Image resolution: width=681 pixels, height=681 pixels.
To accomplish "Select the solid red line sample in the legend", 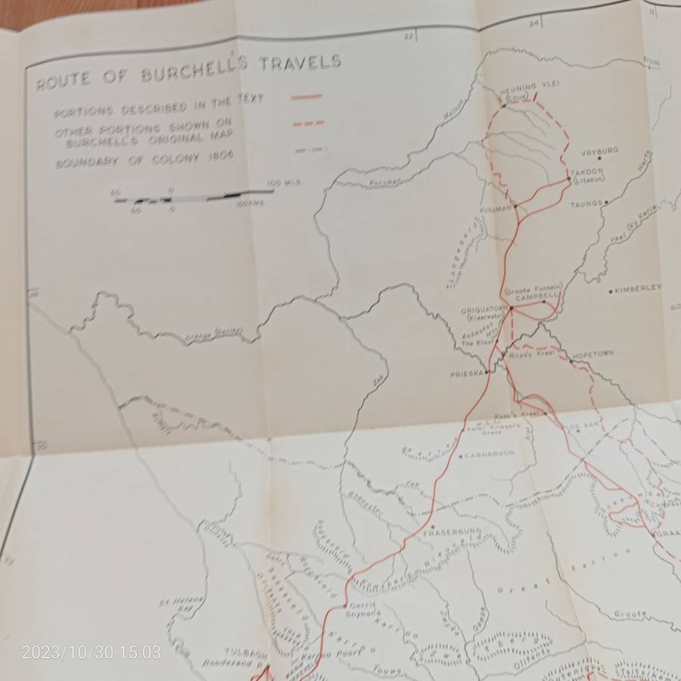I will pyautogui.click(x=306, y=97).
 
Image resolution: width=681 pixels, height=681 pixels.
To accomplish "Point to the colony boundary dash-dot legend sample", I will pyautogui.click(x=310, y=150).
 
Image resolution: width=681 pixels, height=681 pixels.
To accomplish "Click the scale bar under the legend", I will pyautogui.click(x=193, y=196).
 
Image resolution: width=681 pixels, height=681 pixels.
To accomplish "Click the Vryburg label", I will pyautogui.click(x=599, y=151).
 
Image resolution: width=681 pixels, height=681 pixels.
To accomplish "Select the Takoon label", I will pyautogui.click(x=587, y=172).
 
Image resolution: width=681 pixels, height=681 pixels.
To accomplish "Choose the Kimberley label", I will pyautogui.click(x=638, y=288).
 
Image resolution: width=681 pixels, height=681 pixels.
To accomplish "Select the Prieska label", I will pyautogui.click(x=467, y=374).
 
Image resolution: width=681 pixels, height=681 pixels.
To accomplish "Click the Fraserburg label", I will pyautogui.click(x=452, y=532).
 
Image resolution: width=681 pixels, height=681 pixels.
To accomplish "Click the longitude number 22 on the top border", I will pyautogui.click(x=409, y=36).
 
